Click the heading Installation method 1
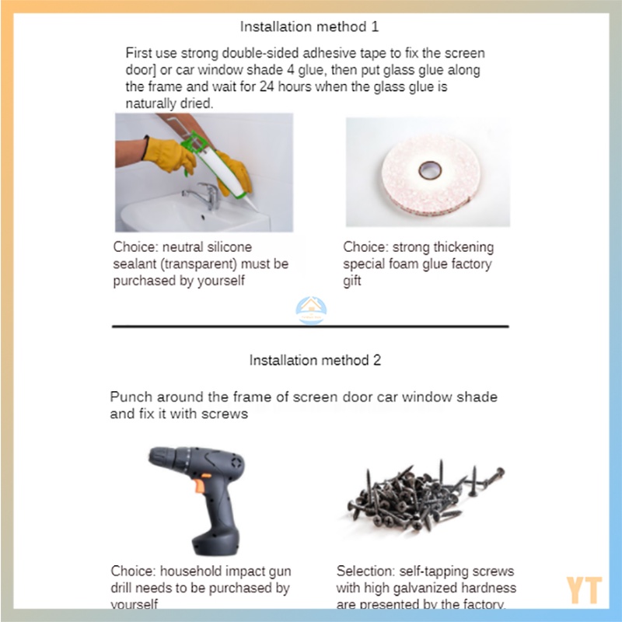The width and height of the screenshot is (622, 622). click(x=309, y=27)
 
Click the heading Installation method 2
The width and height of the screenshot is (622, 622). click(x=315, y=360)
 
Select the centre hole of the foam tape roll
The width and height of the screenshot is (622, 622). click(x=430, y=169)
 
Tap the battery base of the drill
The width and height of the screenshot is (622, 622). click(x=216, y=541)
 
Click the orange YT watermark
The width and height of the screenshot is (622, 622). click(x=584, y=590)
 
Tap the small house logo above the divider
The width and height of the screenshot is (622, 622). click(x=312, y=309)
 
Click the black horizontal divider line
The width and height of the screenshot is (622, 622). click(x=310, y=327)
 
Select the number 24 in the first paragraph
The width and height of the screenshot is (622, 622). click(x=267, y=86)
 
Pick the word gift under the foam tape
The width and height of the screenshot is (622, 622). click(x=352, y=281)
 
